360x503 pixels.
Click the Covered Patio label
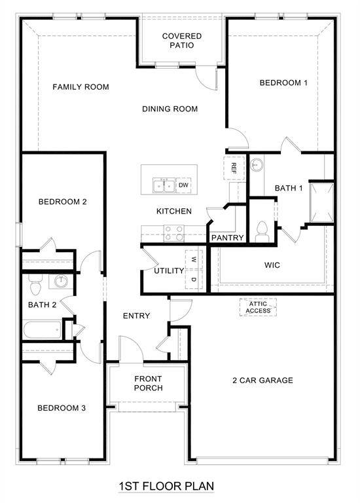pyautogui.click(x=182, y=41)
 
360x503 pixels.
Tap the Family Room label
pyautogui.click(x=81, y=87)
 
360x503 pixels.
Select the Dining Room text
pyautogui.click(x=170, y=109)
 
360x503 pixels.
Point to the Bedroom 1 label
pyautogui.click(x=283, y=83)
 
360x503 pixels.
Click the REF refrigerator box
pyautogui.click(x=233, y=168)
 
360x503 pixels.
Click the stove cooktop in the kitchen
pyautogui.click(x=173, y=233)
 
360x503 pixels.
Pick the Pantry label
pyautogui.click(x=227, y=238)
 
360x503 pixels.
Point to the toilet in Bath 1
pyautogui.click(x=262, y=230)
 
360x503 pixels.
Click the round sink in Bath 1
pyautogui.click(x=257, y=165)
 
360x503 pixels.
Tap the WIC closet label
pyautogui.click(x=272, y=266)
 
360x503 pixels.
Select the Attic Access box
pyautogui.click(x=258, y=307)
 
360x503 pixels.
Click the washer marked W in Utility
pyautogui.click(x=194, y=259)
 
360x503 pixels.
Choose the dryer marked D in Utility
pyautogui.click(x=194, y=279)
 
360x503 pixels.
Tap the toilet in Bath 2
pyautogui.click(x=35, y=285)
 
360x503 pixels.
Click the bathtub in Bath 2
pyautogui.click(x=43, y=329)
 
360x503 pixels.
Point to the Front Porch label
pyautogui.click(x=148, y=383)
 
